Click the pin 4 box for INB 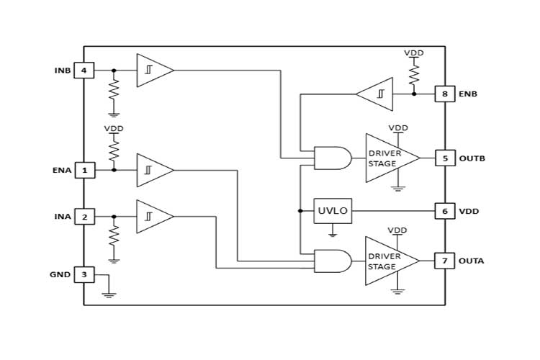pyautogui.click(x=84, y=71)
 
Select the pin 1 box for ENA pyautogui.click(x=84, y=171)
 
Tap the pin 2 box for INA pyautogui.click(x=84, y=217)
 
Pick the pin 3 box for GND pyautogui.click(x=84, y=274)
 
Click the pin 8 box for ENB pyautogui.click(x=445, y=94)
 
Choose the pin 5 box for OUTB pyautogui.click(x=445, y=158)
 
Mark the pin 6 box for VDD pyautogui.click(x=445, y=211)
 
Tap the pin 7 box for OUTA pyautogui.click(x=445, y=261)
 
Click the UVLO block pyautogui.click(x=333, y=211)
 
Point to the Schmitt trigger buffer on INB pyautogui.click(x=153, y=71)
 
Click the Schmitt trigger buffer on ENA pyautogui.click(x=153, y=171)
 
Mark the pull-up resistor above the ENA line pyautogui.click(x=114, y=150)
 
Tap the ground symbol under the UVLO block pyautogui.click(x=333, y=233)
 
